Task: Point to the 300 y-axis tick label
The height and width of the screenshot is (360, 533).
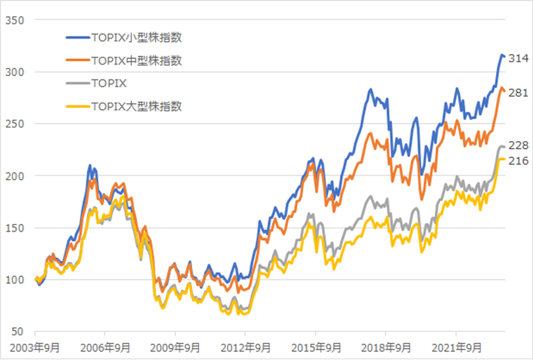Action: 15,72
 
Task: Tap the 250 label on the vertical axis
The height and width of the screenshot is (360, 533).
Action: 15,124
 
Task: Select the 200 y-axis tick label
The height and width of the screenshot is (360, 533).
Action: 15,175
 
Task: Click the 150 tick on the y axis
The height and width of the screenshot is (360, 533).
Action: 15,227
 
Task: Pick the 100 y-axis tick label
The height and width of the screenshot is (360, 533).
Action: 15,279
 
